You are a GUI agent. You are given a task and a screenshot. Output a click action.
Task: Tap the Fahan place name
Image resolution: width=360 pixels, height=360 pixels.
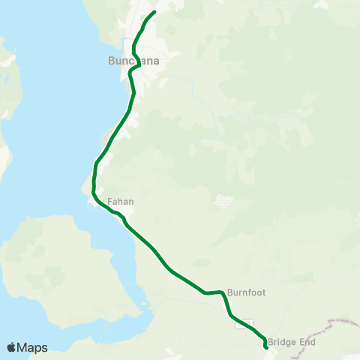coord(120,202)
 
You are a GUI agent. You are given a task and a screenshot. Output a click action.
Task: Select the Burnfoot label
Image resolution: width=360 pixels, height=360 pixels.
coord(246,291)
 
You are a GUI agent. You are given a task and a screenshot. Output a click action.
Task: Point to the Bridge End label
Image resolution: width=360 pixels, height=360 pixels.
coord(291,342)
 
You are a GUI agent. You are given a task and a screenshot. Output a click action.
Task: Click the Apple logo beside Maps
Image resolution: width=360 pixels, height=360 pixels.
coord(11,347)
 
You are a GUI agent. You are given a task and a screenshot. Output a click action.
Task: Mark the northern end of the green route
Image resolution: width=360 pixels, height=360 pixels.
coord(154,12)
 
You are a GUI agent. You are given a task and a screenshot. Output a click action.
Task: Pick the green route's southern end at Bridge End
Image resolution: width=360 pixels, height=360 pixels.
coord(267,347)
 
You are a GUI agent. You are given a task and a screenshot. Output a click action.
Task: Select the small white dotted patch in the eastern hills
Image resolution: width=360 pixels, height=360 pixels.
coord(223,201)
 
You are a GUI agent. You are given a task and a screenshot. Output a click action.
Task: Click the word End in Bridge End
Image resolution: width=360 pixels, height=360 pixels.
coord(307,342)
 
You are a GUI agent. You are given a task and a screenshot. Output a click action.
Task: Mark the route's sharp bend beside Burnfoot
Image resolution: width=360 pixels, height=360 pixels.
coord(223,293)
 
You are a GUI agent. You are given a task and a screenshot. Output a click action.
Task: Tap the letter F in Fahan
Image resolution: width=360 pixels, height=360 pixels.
coord(109,202)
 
